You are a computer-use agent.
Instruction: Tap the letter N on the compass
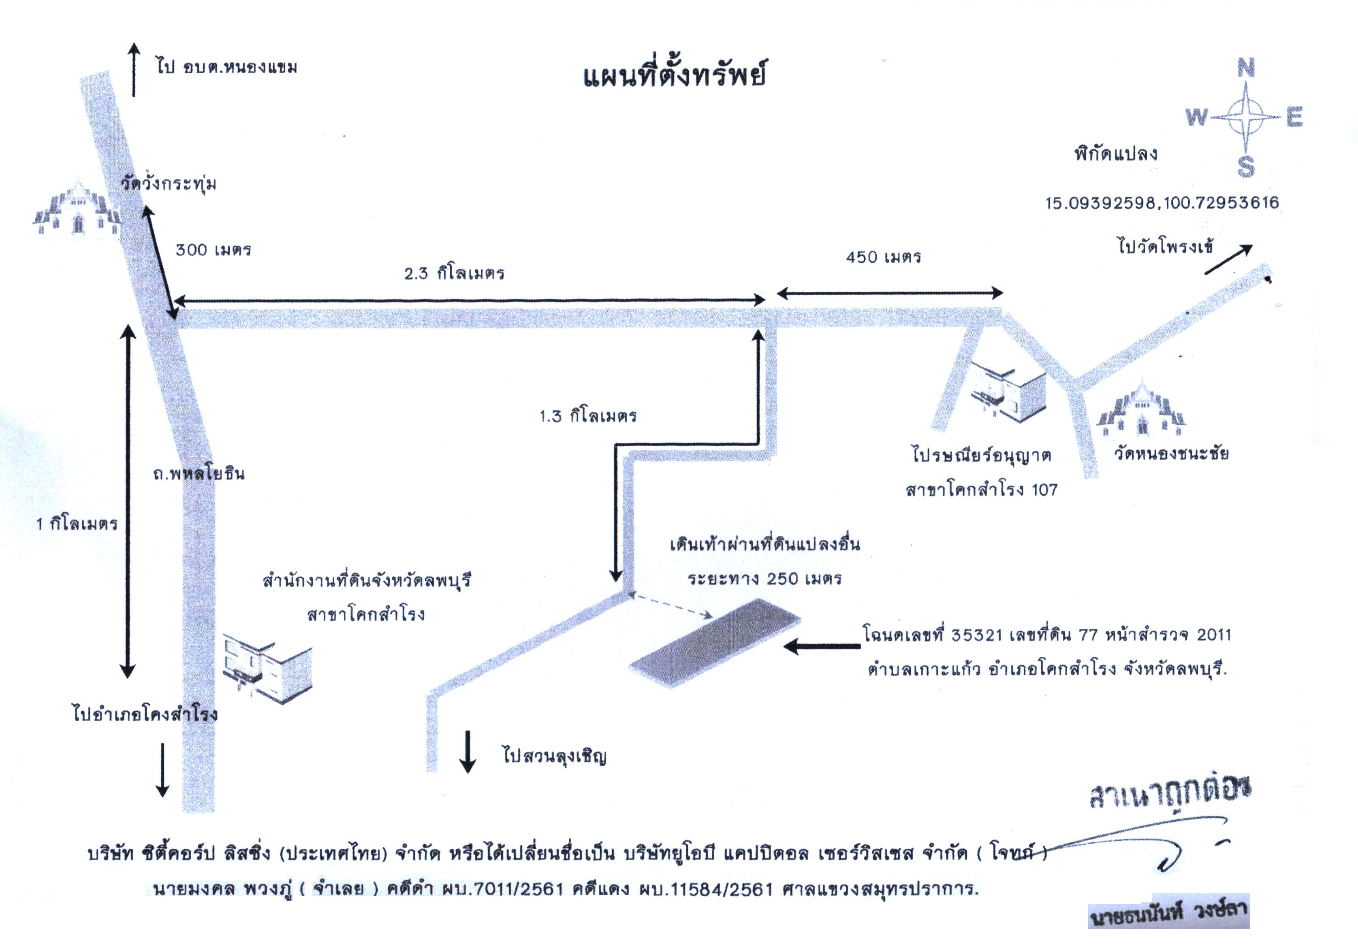1246,68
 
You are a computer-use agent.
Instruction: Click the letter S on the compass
1246,167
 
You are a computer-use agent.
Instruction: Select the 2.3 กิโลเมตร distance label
454,273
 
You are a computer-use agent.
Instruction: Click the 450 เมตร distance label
884,257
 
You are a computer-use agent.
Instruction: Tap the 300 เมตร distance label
214,249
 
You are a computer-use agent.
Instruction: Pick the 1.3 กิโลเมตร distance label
588,416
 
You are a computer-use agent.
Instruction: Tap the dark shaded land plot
715,643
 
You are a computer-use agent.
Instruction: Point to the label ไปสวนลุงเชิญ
555,756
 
